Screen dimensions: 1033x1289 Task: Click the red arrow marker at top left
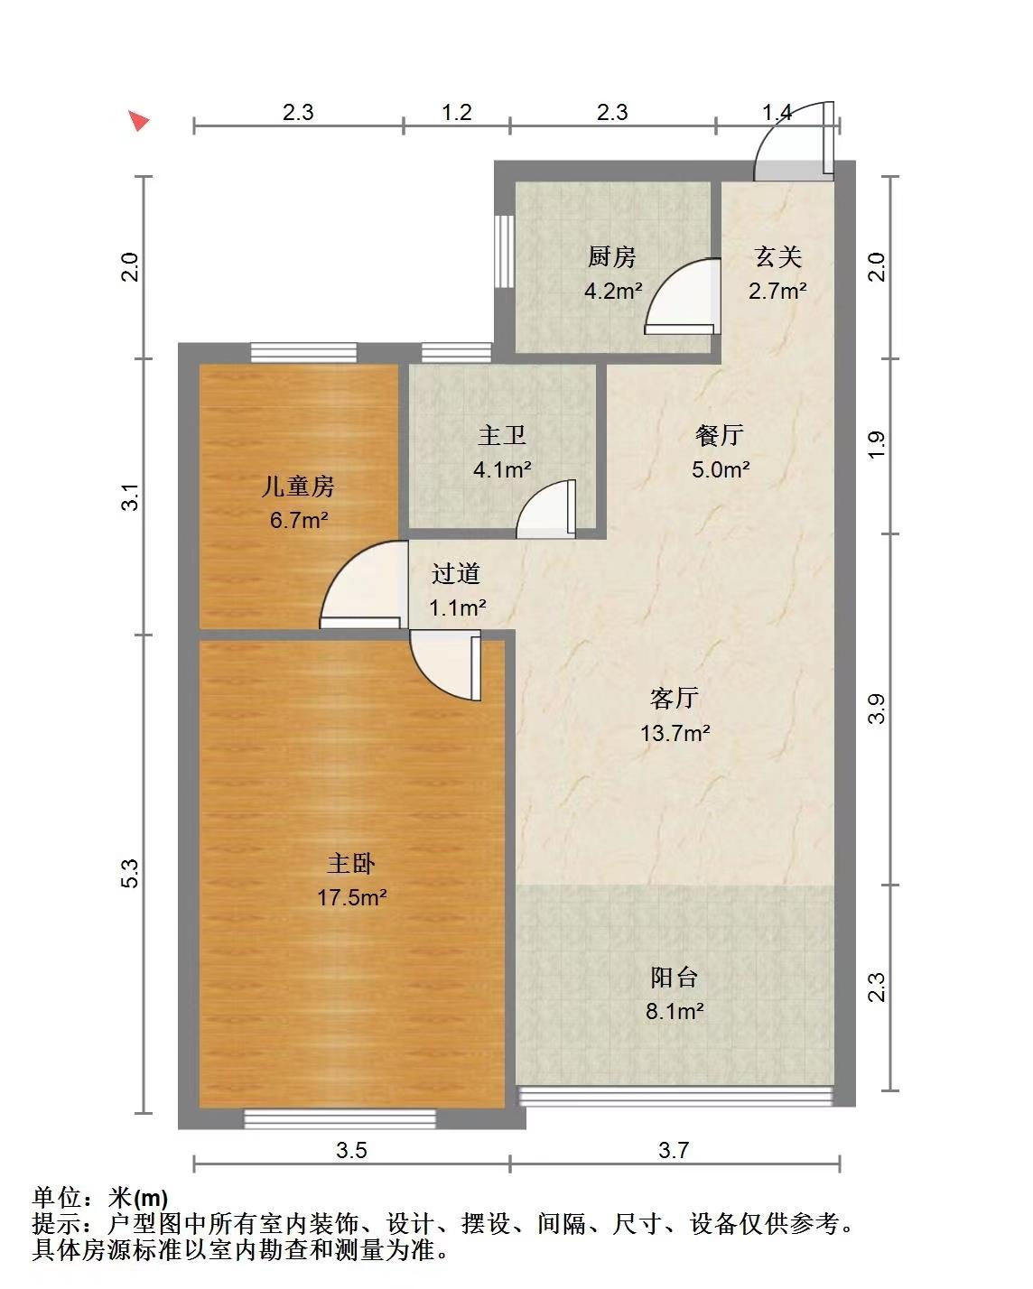tap(140, 120)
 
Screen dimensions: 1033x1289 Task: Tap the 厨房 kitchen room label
tap(611, 257)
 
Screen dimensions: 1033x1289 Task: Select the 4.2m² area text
tap(613, 291)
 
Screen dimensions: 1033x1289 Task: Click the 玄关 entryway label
tap(777, 257)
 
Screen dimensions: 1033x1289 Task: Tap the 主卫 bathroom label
tap(501, 435)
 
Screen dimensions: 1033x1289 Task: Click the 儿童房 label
tap(298, 486)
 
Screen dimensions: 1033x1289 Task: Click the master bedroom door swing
tap(445, 665)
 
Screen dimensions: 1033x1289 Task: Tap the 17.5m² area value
tap(352, 897)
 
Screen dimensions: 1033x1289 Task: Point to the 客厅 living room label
tap(675, 698)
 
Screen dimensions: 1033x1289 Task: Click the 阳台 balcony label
tap(675, 978)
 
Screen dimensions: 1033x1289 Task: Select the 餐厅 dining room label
tap(719, 435)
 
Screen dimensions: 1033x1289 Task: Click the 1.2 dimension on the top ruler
tap(457, 112)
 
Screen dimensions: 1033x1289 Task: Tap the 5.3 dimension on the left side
tap(130, 873)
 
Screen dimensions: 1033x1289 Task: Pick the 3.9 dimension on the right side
tap(876, 709)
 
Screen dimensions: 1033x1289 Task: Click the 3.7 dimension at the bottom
tap(674, 1150)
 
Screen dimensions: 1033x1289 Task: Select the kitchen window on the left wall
tap(505, 252)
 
